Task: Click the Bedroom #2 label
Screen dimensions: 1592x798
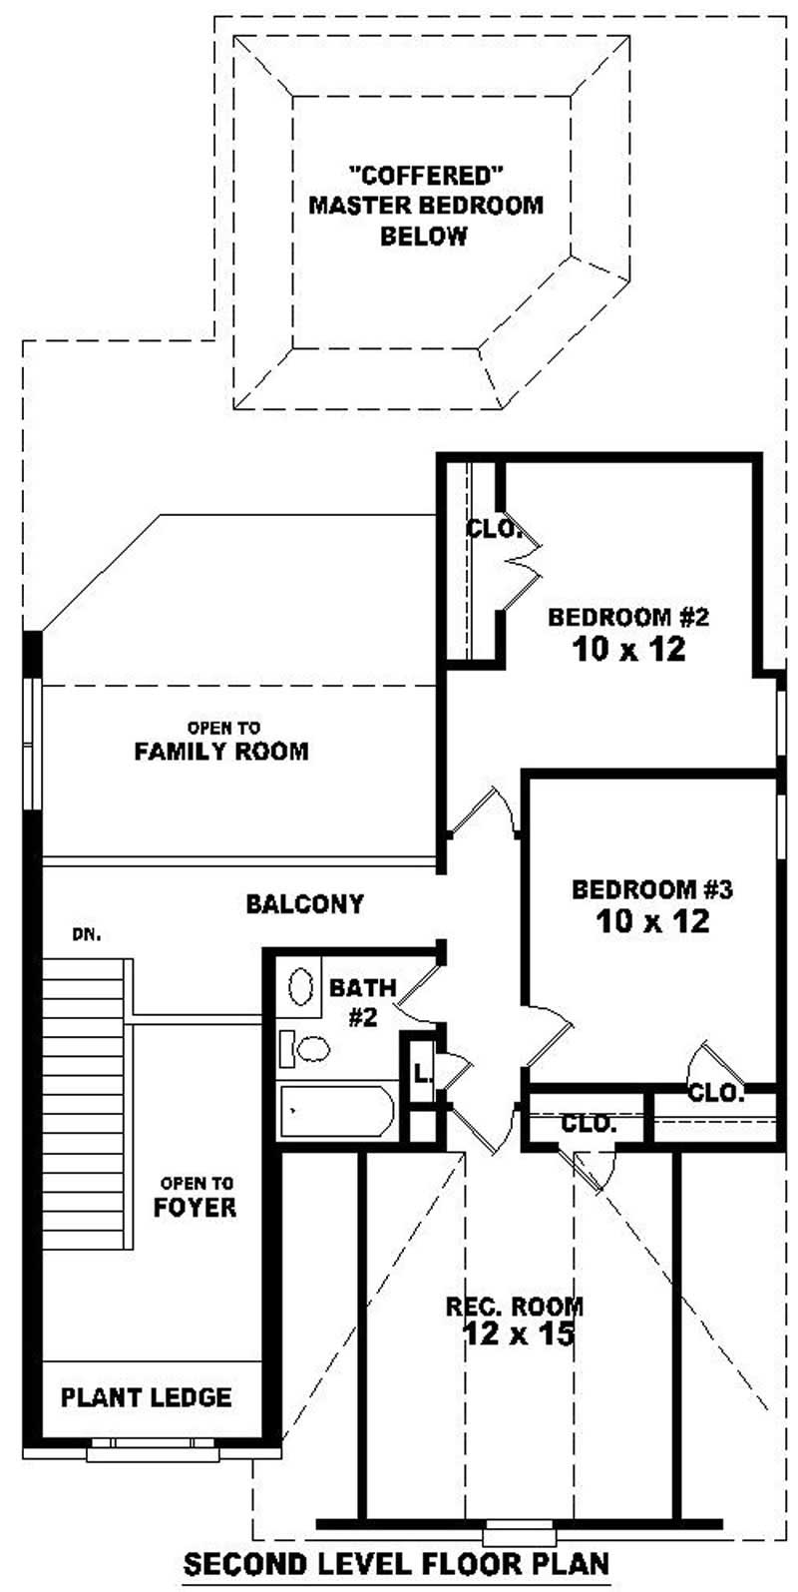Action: point(627,616)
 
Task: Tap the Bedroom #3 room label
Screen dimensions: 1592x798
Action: point(652,888)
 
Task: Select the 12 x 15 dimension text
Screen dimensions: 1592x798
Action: point(519,1332)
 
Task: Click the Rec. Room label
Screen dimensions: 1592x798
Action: point(515,1306)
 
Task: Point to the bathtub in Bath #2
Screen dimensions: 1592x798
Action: point(337,1111)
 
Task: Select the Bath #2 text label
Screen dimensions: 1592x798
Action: point(362,1002)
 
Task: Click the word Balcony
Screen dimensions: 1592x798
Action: point(305,904)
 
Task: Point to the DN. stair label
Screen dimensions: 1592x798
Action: point(86,935)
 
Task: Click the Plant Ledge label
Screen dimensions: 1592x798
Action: point(146,1396)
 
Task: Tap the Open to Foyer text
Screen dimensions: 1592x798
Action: point(196,1196)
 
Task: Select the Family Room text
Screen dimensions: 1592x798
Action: point(220,751)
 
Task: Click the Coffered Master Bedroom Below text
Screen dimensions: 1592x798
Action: point(426,205)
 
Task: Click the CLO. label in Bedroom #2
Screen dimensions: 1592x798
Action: point(495,529)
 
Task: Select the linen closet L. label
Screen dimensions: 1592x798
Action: point(422,1074)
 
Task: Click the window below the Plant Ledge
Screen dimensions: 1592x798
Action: point(151,1445)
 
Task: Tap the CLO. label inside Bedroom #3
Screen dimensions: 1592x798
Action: point(717,1091)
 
